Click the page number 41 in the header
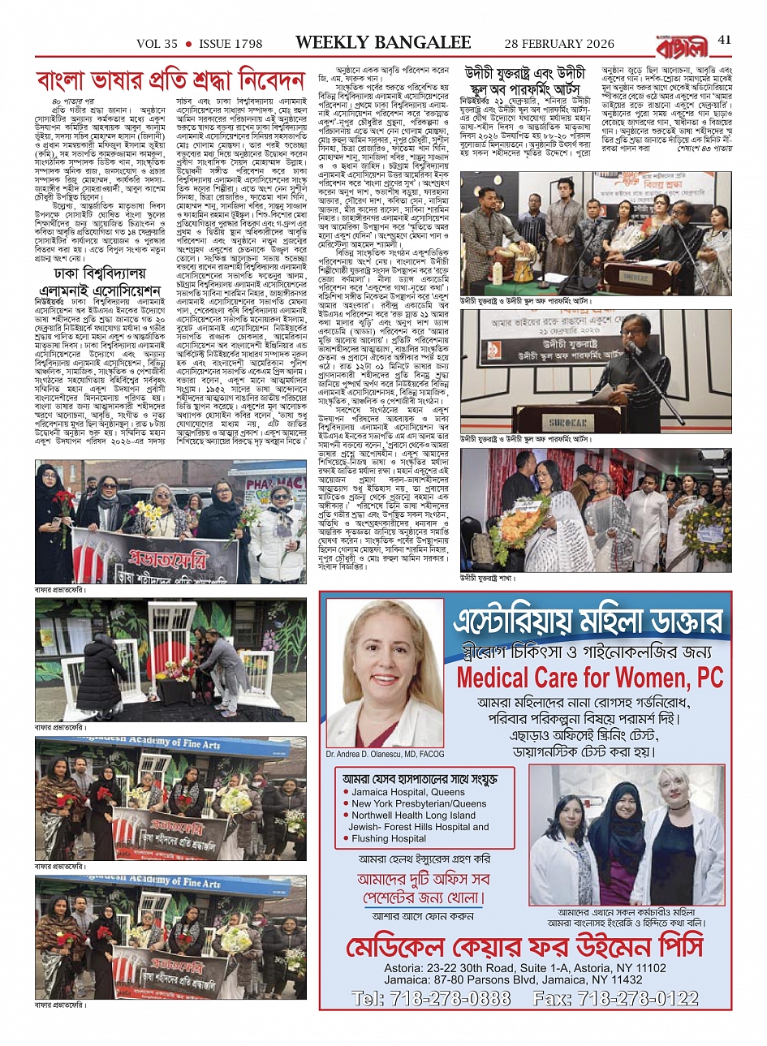725,41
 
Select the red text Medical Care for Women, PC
590,677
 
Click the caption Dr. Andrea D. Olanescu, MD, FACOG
386,754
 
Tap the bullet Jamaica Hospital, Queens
408,792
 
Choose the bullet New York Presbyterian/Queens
419,803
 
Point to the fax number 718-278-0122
639,998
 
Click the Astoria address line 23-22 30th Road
525,968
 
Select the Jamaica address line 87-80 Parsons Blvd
525,980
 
